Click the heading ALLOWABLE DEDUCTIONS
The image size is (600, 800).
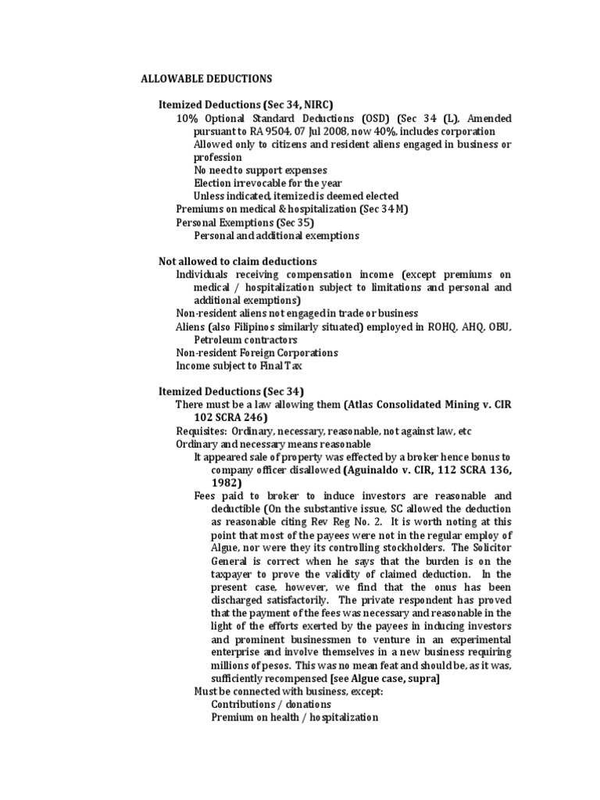[x=206, y=79]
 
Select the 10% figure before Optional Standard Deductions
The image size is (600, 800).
[x=187, y=118]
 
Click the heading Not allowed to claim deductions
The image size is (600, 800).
[x=237, y=261]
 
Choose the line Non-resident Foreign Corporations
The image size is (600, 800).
[x=257, y=352]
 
